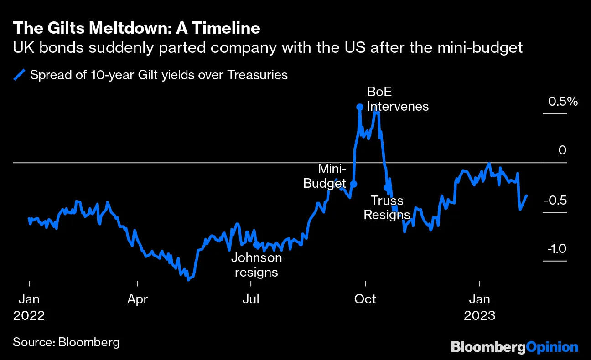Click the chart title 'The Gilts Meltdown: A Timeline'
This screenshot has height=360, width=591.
tap(136, 28)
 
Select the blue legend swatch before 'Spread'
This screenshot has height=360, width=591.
tap(19, 75)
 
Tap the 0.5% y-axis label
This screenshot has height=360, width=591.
tap(563, 102)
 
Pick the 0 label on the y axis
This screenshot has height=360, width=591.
tap(562, 151)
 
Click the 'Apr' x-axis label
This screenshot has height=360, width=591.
tap(137, 299)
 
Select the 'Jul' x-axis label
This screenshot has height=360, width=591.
tap(251, 299)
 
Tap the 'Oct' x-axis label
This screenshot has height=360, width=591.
tap(365, 299)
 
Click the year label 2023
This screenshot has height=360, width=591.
tap(479, 315)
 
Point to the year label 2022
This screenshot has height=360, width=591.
tap(29, 315)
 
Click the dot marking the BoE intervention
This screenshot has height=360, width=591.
tap(359, 107)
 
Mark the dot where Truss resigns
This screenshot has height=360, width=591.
tap(387, 187)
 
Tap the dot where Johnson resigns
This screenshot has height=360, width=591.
tap(256, 245)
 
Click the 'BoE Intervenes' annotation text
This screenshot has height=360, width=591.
tap(398, 99)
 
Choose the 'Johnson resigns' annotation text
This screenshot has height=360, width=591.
tap(256, 265)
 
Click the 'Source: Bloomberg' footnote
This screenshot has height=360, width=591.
tap(66, 342)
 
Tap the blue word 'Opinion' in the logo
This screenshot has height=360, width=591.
tap(552, 347)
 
